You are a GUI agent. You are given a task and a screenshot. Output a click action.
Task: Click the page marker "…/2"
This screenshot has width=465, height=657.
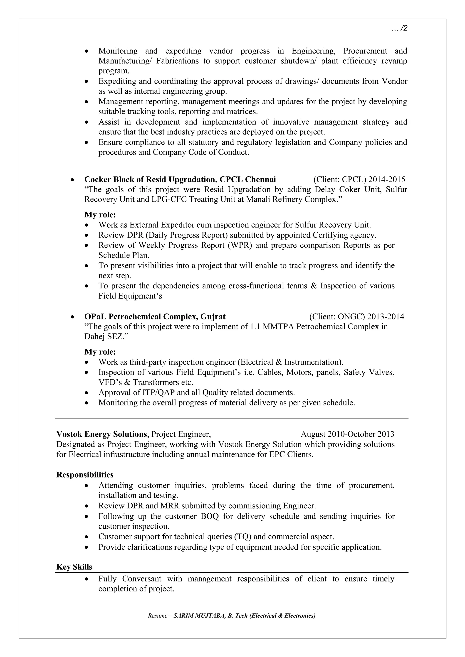coord(399,28)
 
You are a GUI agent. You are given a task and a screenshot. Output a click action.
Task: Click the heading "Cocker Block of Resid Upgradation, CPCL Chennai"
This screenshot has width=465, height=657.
coord(180,179)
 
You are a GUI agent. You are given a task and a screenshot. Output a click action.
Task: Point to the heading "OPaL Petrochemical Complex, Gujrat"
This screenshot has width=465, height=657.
coord(155,316)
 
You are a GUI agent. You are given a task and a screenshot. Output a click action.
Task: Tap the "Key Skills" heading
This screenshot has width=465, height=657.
coord(74,567)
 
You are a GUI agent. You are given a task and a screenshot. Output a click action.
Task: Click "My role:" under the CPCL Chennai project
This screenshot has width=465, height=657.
coord(100,215)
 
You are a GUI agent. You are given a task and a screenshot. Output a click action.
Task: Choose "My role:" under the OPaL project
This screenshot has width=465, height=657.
coord(100,352)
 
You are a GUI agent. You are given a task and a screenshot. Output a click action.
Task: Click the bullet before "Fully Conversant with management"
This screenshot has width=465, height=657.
coord(87,579)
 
